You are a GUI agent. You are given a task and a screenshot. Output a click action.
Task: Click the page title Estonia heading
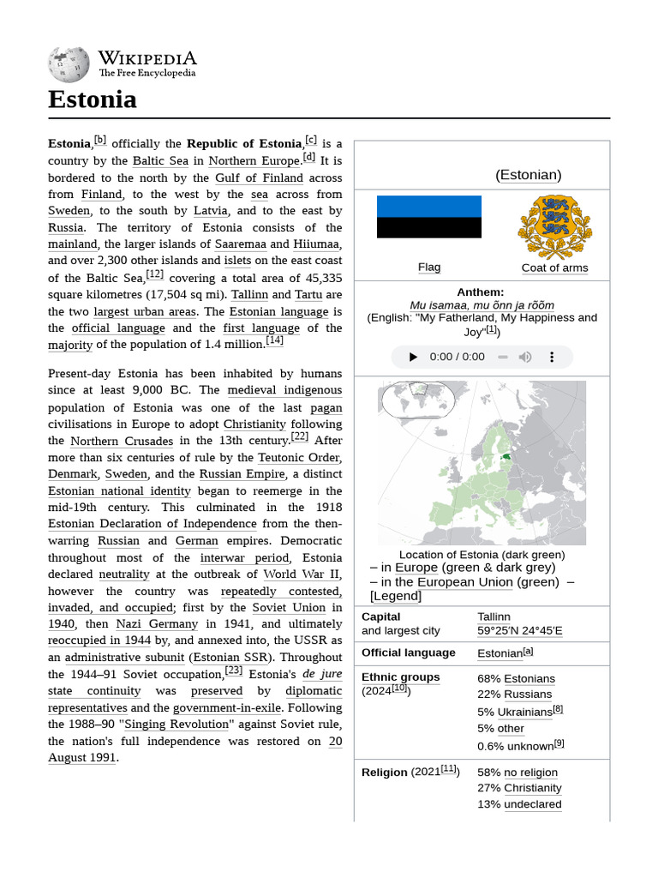click(93, 99)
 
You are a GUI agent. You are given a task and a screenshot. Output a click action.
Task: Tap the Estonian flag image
click(429, 217)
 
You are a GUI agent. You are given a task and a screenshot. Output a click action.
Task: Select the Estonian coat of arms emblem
click(554, 227)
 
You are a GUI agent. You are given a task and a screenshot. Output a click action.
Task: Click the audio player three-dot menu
click(552, 357)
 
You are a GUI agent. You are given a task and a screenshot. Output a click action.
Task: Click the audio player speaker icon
click(525, 357)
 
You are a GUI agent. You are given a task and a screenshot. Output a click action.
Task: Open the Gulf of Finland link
click(259, 177)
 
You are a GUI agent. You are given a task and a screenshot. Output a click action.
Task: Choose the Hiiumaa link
click(317, 244)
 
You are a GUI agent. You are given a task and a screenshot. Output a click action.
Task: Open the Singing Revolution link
click(177, 725)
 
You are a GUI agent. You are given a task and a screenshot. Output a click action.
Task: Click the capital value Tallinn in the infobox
click(493, 616)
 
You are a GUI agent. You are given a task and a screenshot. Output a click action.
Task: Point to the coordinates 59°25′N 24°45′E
click(520, 631)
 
